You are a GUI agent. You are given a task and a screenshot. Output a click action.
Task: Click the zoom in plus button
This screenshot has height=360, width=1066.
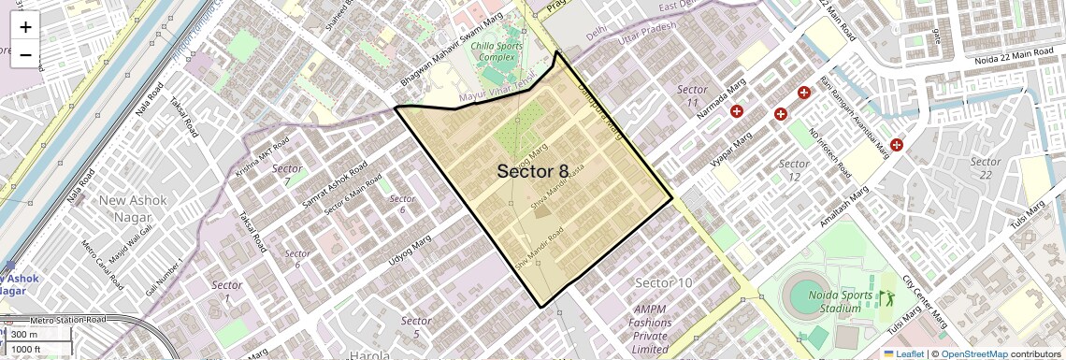click(25, 27)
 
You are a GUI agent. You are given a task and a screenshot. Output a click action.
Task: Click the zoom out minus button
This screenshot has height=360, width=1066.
click(25, 54)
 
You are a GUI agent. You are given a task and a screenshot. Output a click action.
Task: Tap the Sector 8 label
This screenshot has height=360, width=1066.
click(532, 171)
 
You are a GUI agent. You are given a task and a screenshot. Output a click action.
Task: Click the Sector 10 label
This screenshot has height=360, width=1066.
click(663, 282)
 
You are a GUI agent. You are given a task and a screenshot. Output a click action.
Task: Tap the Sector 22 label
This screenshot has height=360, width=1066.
click(986, 168)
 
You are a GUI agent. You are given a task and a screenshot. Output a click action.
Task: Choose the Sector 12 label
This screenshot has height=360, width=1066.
click(795, 170)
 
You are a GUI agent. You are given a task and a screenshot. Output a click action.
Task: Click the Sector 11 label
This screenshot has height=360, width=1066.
click(692, 95)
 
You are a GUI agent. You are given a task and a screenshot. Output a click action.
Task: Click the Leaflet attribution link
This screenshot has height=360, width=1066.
click(903, 353)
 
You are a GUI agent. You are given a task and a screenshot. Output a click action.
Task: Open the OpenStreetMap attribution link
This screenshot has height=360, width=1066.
click(973, 353)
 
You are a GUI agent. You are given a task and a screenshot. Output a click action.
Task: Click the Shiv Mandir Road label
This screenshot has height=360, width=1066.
click(541, 250)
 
